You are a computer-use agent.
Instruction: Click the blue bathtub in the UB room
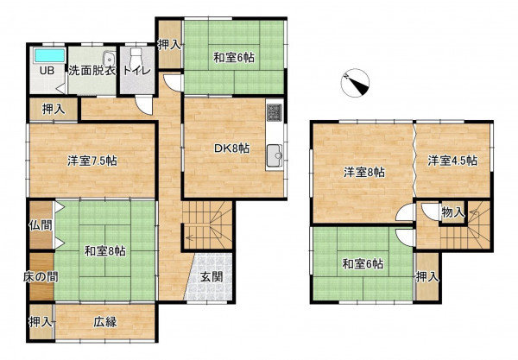(x=49, y=55)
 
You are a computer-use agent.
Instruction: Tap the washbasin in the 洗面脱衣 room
(x=109, y=59)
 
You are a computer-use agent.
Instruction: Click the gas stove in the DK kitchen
(x=275, y=111)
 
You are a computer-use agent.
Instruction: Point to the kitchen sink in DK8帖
(x=275, y=155)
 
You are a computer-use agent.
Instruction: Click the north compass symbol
(x=355, y=83)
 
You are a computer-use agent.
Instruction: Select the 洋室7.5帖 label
(x=92, y=161)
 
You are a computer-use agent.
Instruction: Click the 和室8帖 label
(x=104, y=251)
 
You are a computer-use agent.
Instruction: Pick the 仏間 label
(x=41, y=225)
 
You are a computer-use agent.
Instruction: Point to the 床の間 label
(x=41, y=277)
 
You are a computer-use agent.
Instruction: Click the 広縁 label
(x=104, y=322)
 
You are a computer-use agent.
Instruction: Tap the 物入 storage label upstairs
(x=453, y=212)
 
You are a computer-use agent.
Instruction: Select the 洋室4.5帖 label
(x=452, y=161)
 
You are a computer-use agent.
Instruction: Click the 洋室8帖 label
(x=364, y=172)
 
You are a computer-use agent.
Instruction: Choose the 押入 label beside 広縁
(x=41, y=322)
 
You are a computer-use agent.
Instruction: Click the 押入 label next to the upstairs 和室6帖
(x=427, y=277)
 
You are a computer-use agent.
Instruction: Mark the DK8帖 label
(x=231, y=148)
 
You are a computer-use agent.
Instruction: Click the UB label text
(x=47, y=71)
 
